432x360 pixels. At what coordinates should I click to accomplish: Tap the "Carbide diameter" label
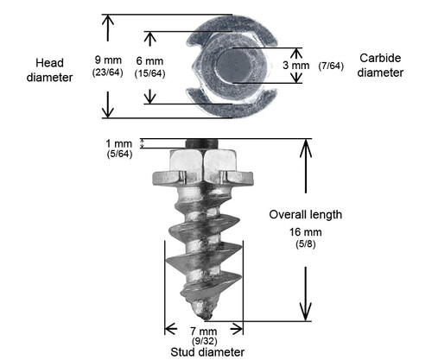(x=381, y=66)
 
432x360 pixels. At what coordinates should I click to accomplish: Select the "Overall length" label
(x=305, y=215)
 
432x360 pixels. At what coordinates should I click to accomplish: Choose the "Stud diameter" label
(x=205, y=352)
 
